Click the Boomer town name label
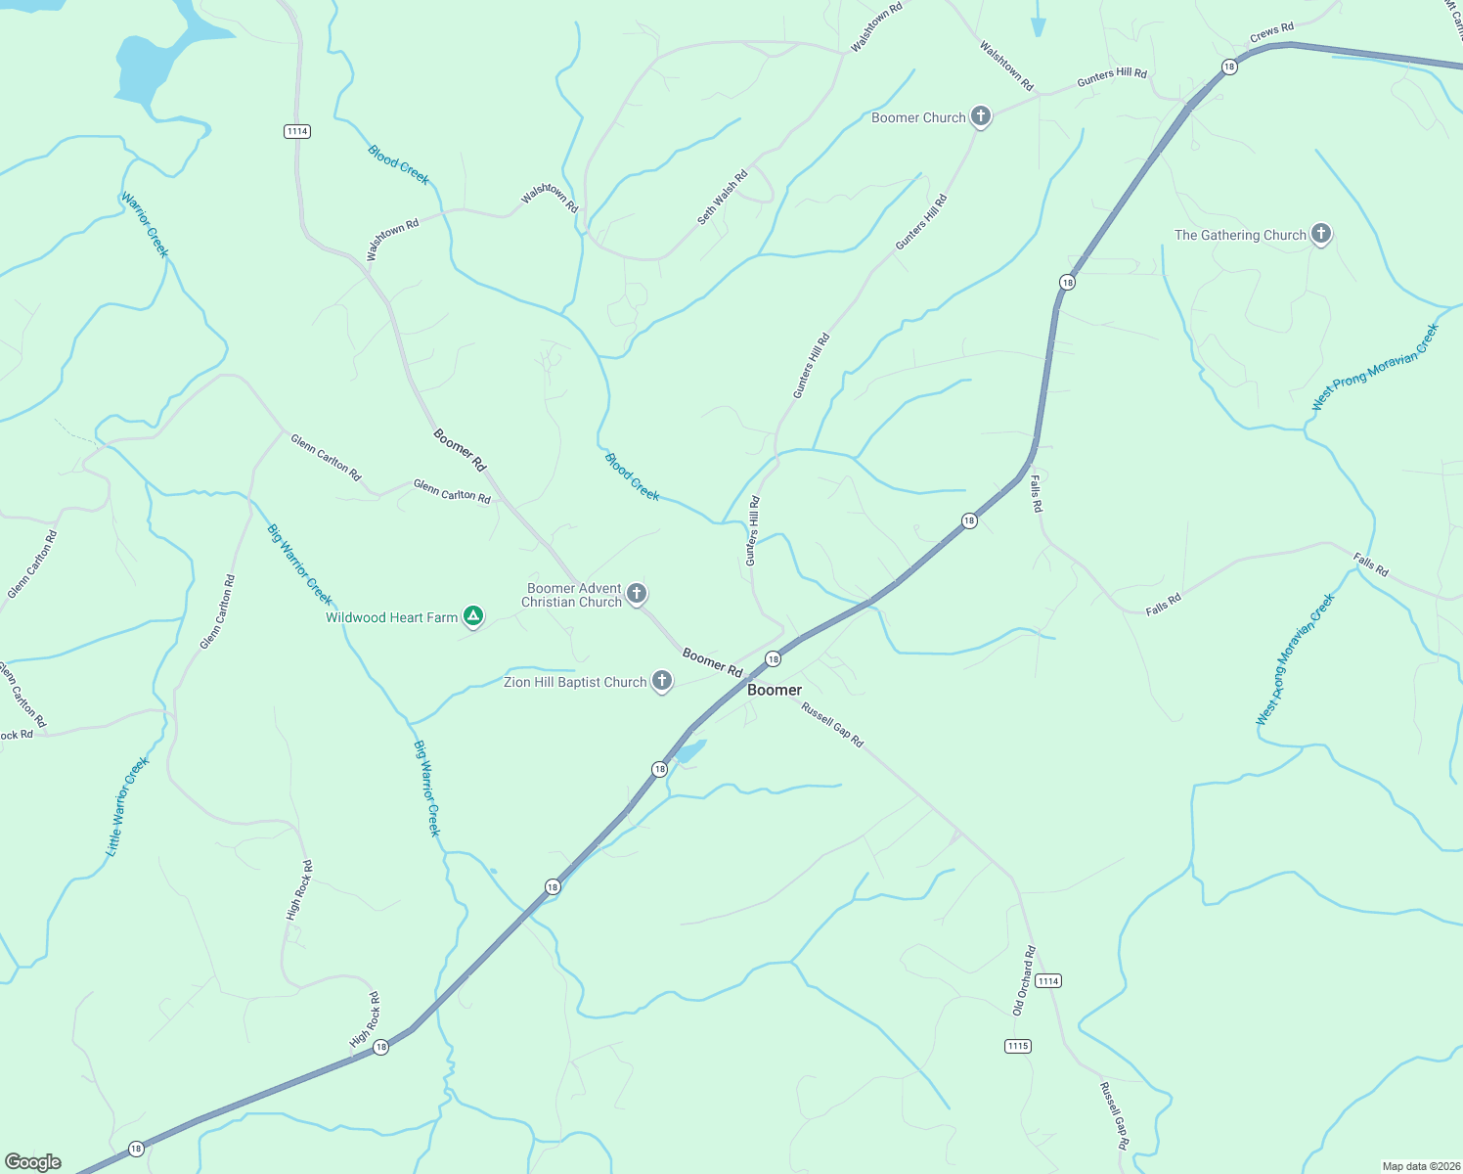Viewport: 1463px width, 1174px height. pos(775,690)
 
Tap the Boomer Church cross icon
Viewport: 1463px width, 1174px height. pos(980,116)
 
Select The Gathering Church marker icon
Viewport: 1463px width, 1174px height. pos(1321,234)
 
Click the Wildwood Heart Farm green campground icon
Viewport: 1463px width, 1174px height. pos(473,616)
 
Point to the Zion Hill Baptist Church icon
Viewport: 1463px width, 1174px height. pos(662,681)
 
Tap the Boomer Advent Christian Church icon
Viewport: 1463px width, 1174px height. pos(637,593)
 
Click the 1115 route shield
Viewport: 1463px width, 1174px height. pos(1017,1046)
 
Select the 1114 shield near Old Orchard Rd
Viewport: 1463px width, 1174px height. pos(1047,980)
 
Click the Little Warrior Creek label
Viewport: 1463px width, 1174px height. pos(127,807)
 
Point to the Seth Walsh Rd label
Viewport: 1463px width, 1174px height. pos(723,198)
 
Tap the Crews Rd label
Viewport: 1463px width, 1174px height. pos(1271,33)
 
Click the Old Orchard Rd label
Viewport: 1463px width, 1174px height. pos(1023,980)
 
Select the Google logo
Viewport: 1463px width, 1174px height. pos(33,1162)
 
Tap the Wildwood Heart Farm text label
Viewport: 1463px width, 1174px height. pos(391,617)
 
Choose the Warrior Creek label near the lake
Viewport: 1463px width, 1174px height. pos(145,225)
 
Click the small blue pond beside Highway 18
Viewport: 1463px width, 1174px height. pos(690,751)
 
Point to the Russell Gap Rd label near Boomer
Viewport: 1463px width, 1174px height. pos(832,725)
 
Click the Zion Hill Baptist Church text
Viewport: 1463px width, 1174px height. pos(575,682)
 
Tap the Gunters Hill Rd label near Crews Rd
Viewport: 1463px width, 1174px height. pos(1112,78)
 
